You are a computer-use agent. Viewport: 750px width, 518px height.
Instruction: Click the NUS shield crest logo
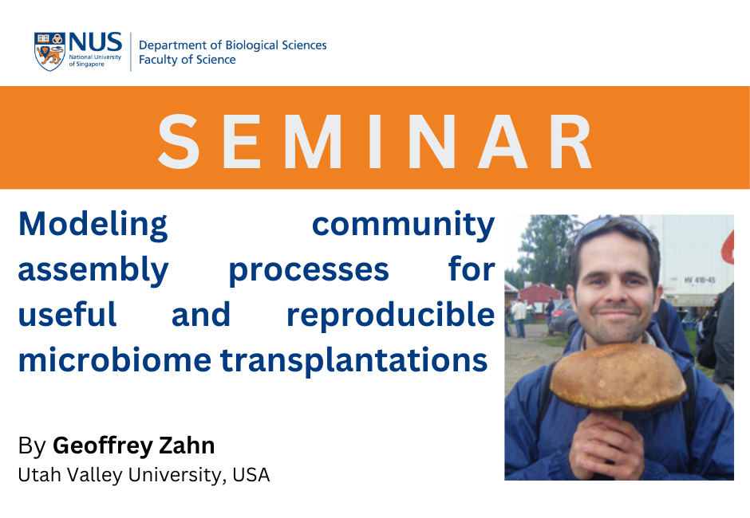49,52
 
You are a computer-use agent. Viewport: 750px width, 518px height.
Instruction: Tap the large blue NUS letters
95,42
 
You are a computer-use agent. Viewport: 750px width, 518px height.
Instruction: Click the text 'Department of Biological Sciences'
232,45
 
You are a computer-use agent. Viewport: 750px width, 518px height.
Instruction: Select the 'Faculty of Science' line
187,60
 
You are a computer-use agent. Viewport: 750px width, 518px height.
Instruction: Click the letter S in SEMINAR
179,141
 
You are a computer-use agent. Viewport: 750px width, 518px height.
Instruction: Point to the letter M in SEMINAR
314,141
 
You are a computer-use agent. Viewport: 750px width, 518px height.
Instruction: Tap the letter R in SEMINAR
571,141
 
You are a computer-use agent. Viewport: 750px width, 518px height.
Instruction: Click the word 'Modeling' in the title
93,226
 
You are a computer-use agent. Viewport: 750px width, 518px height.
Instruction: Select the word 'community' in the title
403,226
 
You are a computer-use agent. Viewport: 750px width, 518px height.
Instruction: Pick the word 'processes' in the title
309,271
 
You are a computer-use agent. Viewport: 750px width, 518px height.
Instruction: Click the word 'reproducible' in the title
390,316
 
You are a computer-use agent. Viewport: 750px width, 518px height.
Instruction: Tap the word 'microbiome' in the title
115,360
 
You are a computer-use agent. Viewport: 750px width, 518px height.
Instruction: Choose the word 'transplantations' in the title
353,361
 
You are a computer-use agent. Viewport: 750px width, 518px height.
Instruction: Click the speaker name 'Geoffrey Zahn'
134,445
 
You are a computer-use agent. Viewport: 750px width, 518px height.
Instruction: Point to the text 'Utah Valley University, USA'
144,475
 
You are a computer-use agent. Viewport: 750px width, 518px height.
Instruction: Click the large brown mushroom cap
618,377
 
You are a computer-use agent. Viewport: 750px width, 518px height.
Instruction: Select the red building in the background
539,296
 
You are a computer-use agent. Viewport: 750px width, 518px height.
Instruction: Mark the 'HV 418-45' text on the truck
699,280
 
